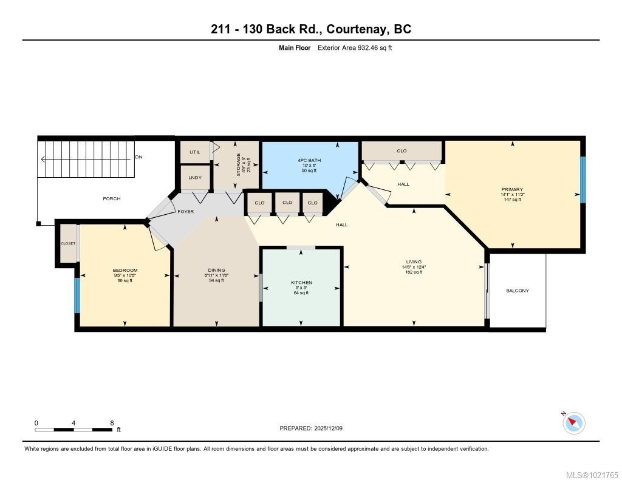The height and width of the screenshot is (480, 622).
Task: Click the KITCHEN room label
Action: (301, 283)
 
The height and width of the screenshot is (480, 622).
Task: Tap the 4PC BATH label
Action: (309, 161)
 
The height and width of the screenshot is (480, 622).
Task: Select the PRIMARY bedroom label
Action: (512, 189)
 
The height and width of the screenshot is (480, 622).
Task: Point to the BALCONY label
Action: (518, 291)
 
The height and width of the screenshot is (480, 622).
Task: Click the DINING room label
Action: (216, 270)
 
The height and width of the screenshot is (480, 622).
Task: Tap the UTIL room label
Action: (194, 152)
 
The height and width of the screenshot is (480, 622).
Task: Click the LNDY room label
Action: (194, 178)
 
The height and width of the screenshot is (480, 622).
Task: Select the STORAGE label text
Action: (238, 164)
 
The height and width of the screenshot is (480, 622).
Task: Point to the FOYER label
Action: (185, 212)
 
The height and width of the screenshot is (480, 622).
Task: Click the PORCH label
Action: (112, 199)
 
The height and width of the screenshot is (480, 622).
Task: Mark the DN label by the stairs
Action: (138, 157)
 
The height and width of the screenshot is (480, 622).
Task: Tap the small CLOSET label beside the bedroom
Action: (68, 243)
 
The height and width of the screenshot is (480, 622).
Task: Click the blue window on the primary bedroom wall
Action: (583, 180)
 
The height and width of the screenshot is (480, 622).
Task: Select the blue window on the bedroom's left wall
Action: (77, 296)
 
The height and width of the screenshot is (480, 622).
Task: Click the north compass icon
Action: (573, 422)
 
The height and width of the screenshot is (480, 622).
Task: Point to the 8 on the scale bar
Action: (112, 423)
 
